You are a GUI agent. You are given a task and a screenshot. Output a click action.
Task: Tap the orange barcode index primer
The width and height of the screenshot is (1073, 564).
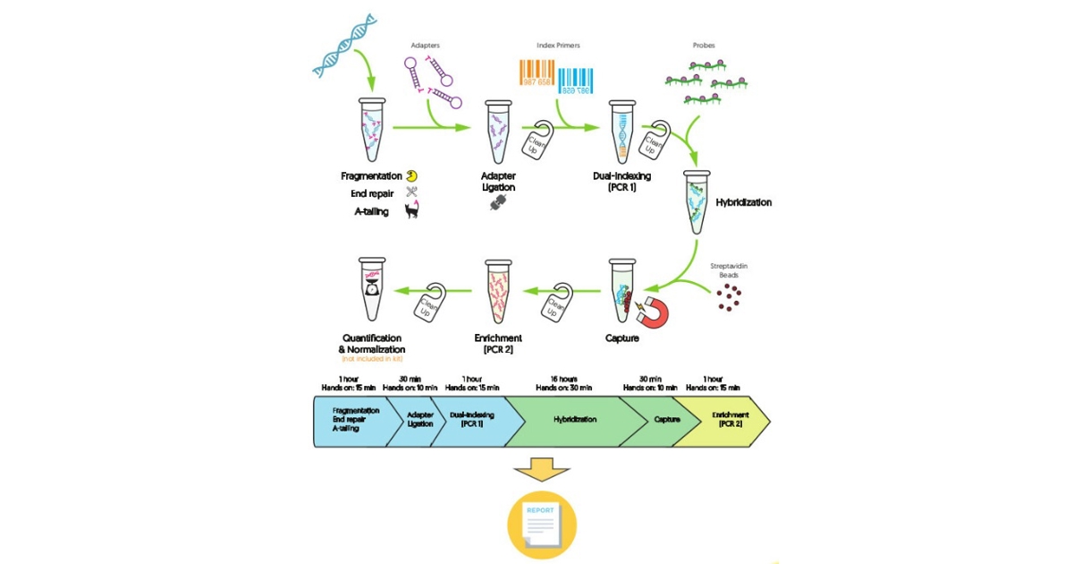click(x=536, y=73)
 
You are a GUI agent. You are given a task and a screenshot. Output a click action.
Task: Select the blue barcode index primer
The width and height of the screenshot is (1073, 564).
click(x=578, y=80)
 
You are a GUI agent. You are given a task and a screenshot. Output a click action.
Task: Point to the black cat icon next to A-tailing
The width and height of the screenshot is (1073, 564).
click(x=412, y=210)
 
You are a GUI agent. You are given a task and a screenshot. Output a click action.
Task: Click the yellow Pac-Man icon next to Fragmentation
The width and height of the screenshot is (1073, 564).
click(x=411, y=175)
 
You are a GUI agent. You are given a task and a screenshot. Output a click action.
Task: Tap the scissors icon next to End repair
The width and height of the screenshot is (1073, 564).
click(x=411, y=192)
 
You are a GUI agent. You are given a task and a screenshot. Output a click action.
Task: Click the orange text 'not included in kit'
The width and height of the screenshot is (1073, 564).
click(x=371, y=359)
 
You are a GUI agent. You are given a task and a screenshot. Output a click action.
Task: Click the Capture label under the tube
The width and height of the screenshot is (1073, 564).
click(x=625, y=338)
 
